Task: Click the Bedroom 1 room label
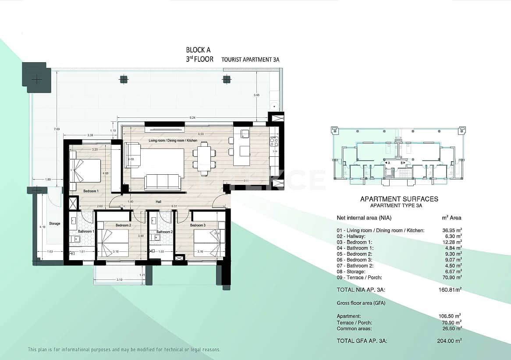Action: pos(91,191)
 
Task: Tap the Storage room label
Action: pos(55,223)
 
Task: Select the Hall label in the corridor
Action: pos(158,202)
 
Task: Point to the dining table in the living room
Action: pos(204,158)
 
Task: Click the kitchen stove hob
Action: pos(273,141)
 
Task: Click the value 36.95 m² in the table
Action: pos(452,230)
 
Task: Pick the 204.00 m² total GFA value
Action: pos(451,340)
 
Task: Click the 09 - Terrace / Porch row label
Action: pos(359,278)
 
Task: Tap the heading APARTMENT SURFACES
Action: pos(399,199)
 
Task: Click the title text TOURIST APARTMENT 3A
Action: pos(250,60)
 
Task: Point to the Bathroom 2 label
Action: pos(164,232)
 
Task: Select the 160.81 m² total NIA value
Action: pos(452,289)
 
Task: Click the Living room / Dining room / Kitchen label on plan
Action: pos(173,141)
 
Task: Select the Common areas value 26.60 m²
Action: pos(452,328)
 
